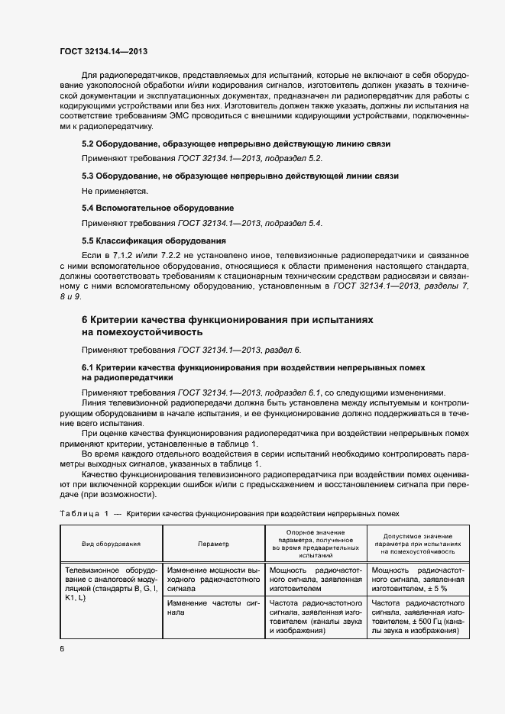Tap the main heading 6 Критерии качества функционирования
pyautogui.click(x=227, y=325)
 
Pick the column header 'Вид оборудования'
pyautogui.click(x=112, y=544)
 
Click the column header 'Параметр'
pyautogui.click(x=212, y=544)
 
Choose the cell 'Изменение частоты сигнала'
pyautogui.click(x=213, y=608)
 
